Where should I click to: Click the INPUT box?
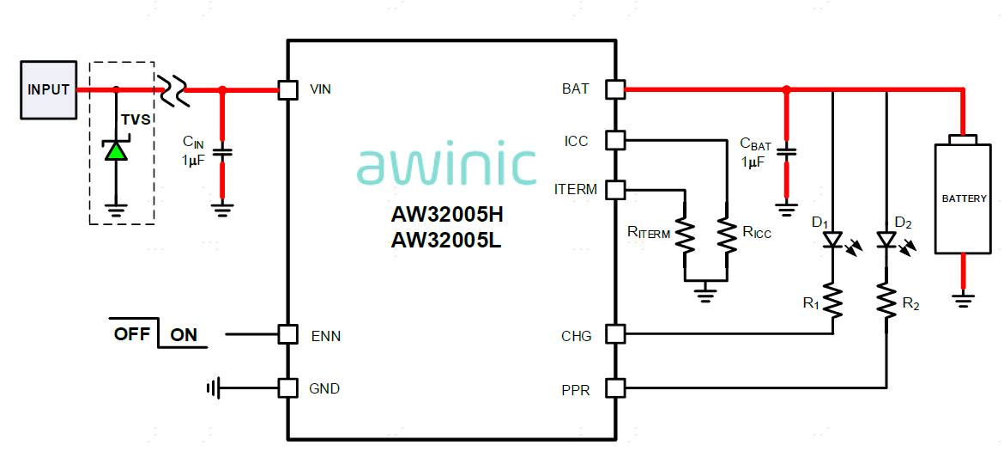point(48,89)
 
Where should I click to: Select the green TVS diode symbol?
point(116,150)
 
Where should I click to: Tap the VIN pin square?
point(288,89)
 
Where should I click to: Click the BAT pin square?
point(615,89)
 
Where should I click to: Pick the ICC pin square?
point(615,140)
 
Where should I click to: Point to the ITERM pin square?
point(615,190)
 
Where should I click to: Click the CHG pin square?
point(615,334)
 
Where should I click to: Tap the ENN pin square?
point(288,334)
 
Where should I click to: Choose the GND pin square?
point(288,388)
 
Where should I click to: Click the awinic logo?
point(446,166)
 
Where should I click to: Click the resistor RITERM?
point(685,235)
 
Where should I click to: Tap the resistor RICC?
point(727,235)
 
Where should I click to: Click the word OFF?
point(132,334)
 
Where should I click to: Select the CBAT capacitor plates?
point(787,152)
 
